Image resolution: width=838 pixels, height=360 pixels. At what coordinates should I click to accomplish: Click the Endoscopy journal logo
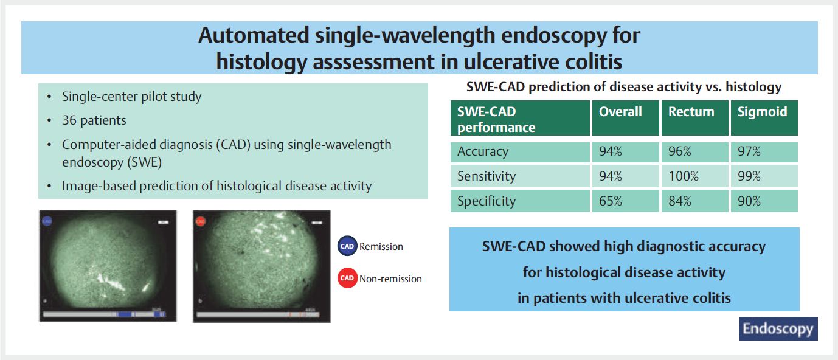point(778,328)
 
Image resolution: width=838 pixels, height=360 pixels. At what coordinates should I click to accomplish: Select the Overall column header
point(625,118)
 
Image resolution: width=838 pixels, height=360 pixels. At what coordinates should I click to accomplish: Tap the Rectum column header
point(694,118)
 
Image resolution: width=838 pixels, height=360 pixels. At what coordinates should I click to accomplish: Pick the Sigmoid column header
point(764,118)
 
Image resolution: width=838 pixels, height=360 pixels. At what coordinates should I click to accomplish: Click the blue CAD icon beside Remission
point(347,246)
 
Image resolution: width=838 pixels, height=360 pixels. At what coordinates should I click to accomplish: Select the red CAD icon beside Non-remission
point(347,278)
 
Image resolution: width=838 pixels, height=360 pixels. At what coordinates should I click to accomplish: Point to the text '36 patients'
point(94,120)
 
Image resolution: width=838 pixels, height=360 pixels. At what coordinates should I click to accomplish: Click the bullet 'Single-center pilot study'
point(132,97)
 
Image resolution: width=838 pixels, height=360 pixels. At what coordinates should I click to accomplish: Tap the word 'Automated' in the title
point(254,35)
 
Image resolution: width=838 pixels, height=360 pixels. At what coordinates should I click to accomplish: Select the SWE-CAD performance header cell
point(520,118)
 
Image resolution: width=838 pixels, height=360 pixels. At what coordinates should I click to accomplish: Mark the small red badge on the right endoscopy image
point(201,221)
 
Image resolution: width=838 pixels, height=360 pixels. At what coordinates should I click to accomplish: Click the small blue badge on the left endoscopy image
point(47,221)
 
